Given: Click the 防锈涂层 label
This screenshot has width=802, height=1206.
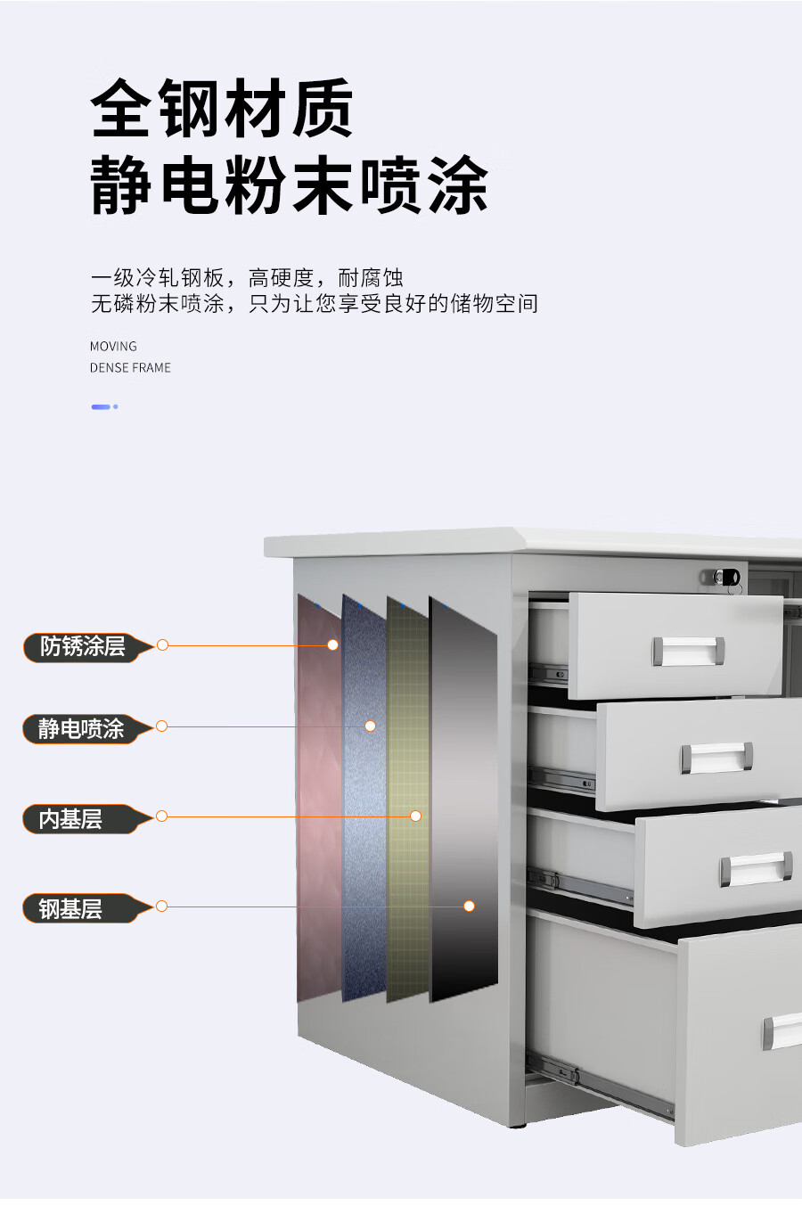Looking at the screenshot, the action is (x=83, y=646).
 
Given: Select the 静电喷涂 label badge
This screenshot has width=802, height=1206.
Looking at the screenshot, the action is (x=81, y=728).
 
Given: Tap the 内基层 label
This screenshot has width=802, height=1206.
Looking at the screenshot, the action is (x=71, y=818).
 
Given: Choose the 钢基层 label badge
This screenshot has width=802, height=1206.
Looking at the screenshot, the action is (x=71, y=908).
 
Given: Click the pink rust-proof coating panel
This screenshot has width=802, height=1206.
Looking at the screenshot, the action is (x=318, y=802).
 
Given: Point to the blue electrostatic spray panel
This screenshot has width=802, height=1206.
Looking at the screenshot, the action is (x=364, y=802).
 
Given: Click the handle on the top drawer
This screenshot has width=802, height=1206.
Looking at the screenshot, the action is (x=687, y=651).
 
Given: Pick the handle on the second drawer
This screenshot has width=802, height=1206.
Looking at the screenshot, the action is (x=716, y=758).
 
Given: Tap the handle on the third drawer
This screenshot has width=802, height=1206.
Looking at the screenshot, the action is (x=756, y=869).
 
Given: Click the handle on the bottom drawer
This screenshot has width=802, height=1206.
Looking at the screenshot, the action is (x=782, y=1031).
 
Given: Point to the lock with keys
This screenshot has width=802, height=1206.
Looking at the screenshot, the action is (x=727, y=578).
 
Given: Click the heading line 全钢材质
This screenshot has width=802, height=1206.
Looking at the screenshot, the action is (x=222, y=109).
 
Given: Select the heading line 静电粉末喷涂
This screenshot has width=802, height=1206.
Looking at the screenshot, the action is (x=289, y=185).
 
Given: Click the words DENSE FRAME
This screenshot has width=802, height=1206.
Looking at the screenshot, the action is (x=130, y=367).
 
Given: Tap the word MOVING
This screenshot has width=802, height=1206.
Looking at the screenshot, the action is (x=113, y=346).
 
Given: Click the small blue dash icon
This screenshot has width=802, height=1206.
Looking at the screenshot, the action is (x=103, y=406).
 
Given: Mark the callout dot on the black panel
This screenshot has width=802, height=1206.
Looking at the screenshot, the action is (x=469, y=906).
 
